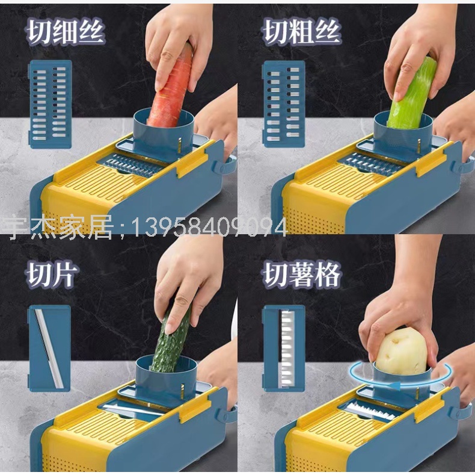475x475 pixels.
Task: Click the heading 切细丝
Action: tap(66, 31)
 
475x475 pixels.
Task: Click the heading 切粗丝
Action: tap(302, 31)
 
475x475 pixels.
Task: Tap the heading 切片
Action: tap(52, 275)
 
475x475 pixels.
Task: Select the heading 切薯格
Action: tap(302, 275)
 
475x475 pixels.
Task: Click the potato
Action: tap(401, 351)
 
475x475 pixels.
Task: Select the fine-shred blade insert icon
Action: tap(50, 104)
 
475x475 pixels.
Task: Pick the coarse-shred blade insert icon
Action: tap(284, 104)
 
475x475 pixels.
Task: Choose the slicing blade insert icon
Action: tap(50, 348)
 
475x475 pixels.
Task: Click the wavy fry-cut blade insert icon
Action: tap(284, 348)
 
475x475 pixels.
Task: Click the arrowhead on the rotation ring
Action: tap(394, 386)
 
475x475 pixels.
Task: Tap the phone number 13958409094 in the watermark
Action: tap(209, 228)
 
